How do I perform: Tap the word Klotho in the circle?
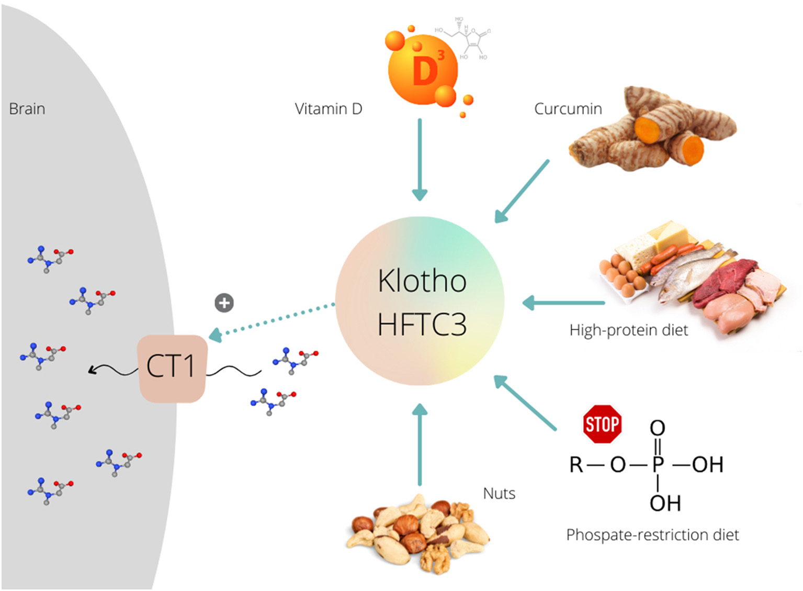(422, 281)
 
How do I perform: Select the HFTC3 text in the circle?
(422, 325)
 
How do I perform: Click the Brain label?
(27, 109)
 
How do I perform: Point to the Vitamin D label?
(329, 109)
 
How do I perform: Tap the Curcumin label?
(568, 109)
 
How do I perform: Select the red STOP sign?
(602, 424)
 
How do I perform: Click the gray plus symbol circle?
(224, 303)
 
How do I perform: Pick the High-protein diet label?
(628, 330)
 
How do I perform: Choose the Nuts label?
(499, 493)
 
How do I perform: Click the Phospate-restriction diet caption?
(652, 535)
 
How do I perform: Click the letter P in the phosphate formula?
(658, 464)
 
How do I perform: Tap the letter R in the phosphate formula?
(576, 464)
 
